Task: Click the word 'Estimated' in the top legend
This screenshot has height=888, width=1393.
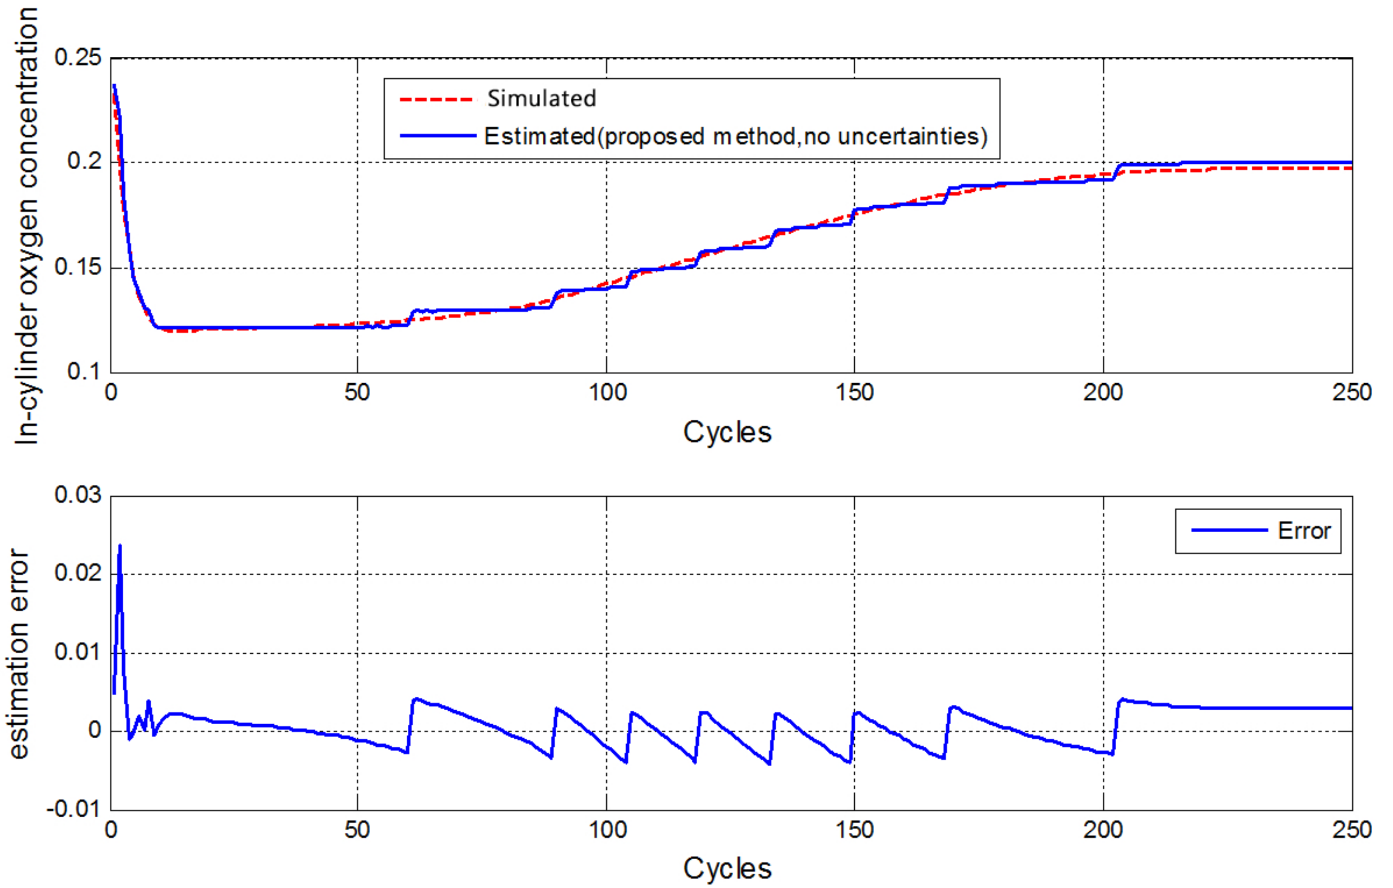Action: click(x=539, y=137)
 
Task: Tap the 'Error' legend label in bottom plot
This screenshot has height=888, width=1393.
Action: click(x=1304, y=531)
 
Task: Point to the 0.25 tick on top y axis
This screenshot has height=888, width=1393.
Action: click(x=77, y=57)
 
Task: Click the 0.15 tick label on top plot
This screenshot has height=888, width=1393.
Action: click(x=77, y=267)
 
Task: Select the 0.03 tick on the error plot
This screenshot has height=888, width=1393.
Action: click(x=77, y=495)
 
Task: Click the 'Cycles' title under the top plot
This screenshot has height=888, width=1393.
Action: click(x=727, y=432)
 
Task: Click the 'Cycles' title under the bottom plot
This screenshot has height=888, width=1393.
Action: click(x=727, y=868)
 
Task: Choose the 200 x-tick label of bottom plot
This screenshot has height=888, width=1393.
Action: click(x=1103, y=830)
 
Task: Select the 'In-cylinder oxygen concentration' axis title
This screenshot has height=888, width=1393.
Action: click(x=26, y=226)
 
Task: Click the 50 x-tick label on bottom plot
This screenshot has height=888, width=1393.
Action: click(x=357, y=830)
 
